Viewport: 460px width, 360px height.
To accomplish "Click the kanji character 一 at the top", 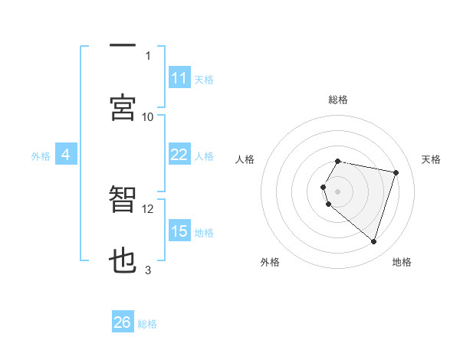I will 123,46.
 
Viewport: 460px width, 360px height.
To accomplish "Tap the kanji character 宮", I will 123,107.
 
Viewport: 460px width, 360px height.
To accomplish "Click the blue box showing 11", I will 179,78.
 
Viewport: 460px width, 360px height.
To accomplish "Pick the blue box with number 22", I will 179,155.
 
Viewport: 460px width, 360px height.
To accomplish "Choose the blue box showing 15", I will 179,231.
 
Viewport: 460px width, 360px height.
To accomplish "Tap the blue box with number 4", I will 66,155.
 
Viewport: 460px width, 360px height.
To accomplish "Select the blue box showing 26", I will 123,322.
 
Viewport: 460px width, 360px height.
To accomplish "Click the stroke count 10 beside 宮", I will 148,116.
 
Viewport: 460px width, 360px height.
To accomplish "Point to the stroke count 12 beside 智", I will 148,208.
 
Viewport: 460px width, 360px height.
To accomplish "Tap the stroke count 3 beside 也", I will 148,270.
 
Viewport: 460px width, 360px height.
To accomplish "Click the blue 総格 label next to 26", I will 147,324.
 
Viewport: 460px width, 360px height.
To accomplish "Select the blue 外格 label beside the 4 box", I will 41,156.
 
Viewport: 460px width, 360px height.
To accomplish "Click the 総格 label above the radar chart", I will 338,100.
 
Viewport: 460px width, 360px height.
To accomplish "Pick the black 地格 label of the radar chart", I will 402,262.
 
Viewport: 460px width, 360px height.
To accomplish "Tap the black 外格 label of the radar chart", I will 270,262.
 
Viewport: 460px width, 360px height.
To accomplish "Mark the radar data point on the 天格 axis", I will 396,172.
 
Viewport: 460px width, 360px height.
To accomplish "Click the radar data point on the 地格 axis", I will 373,242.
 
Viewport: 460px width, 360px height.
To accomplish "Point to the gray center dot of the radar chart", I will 338,191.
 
